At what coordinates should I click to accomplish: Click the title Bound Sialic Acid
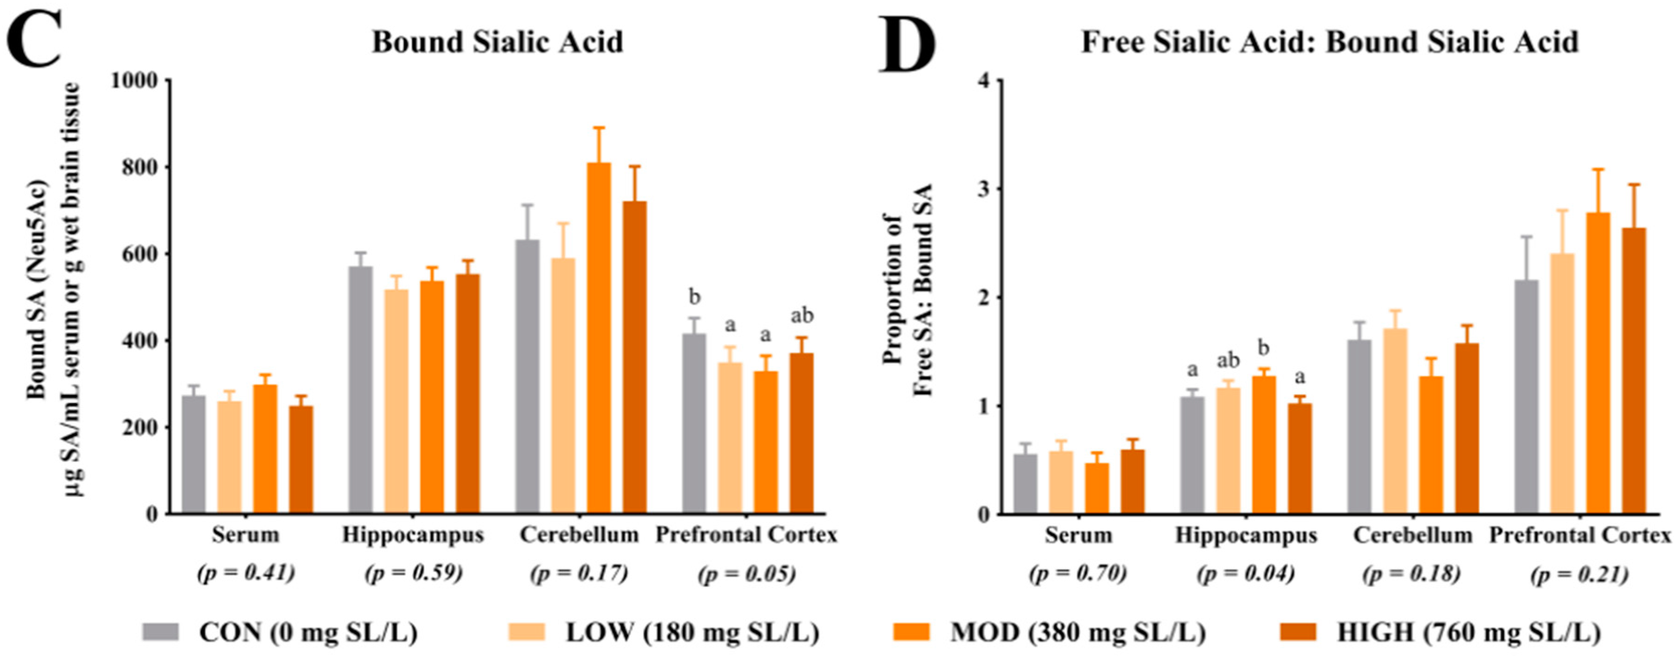tap(497, 42)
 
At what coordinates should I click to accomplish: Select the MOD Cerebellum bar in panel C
tap(598, 338)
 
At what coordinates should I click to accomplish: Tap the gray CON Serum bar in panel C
tap(194, 455)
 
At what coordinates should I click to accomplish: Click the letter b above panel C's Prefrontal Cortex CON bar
tap(695, 297)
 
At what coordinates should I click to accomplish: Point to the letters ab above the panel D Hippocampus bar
tap(1227, 360)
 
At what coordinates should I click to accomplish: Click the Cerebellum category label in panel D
tap(1413, 535)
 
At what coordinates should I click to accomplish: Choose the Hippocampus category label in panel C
tap(413, 535)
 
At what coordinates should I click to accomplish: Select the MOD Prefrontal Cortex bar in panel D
tap(1598, 364)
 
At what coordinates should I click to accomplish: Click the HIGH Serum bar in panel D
tap(1133, 482)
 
